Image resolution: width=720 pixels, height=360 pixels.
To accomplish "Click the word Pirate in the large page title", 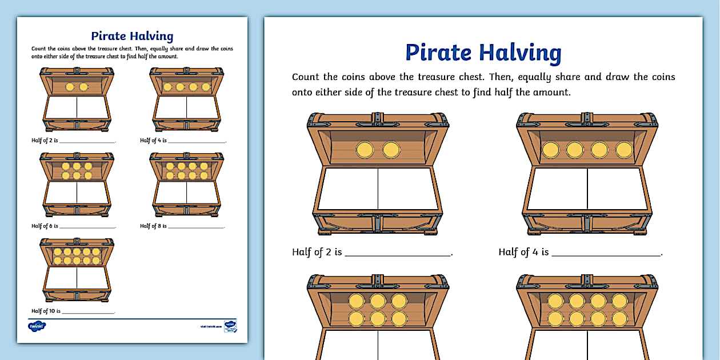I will pos(439,52).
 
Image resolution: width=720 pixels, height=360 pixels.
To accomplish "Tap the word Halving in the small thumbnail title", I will pos(151,37).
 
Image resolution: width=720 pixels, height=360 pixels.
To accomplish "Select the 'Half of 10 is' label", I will pos(45,311).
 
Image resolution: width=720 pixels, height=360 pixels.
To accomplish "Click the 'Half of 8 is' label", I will pos(153,226).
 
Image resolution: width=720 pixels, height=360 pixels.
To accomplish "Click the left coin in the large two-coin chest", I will pos(365,150).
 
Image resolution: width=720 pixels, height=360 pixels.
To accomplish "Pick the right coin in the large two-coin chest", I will pos(391,150).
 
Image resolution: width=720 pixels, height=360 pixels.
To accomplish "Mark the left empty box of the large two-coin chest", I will pos(349,189).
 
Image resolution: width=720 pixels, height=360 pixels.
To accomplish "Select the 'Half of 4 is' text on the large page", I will pos(523,251).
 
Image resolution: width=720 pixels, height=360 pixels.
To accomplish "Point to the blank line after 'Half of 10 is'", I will pos(89,312).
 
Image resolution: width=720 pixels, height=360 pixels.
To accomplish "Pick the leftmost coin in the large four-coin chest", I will pos(550,150).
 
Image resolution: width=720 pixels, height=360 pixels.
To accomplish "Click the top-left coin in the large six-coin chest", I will pos(357,301).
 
